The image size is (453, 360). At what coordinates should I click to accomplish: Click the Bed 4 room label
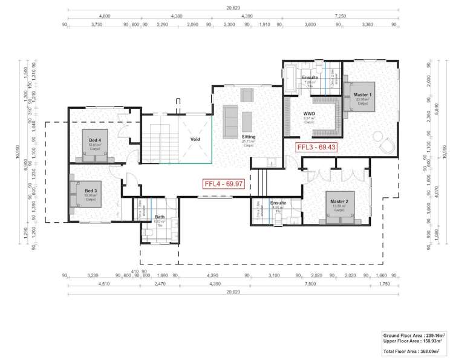pyautogui.click(x=94, y=139)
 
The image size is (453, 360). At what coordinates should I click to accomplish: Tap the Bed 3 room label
pyautogui.click(x=91, y=190)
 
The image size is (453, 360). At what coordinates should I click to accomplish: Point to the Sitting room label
pyautogui.click(x=249, y=137)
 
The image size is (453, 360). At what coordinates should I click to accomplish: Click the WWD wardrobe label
pyautogui.click(x=310, y=113)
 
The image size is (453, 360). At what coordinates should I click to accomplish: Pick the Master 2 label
pyautogui.click(x=338, y=201)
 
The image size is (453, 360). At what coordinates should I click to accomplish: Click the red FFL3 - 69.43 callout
pyautogui.click(x=316, y=147)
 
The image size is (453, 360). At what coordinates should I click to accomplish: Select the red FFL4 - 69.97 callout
pyautogui.click(x=223, y=183)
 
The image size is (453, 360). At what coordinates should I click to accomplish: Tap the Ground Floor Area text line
pyautogui.click(x=414, y=335)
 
